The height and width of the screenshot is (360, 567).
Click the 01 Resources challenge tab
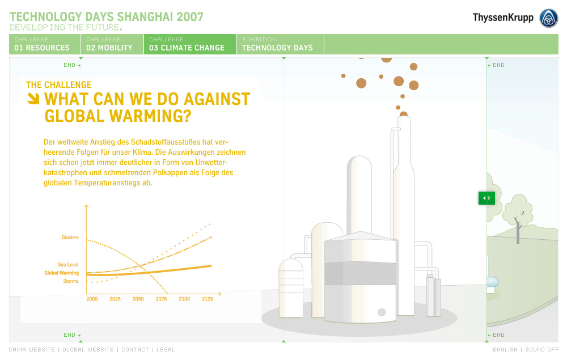[x=45, y=44]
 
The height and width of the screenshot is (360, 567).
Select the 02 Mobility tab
[x=112, y=44]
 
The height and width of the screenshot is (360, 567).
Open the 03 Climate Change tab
[x=190, y=44]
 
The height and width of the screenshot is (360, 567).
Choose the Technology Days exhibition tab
[x=280, y=44]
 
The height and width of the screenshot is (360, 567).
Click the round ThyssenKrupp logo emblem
[x=548, y=18]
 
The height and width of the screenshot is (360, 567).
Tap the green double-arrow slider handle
[x=486, y=198]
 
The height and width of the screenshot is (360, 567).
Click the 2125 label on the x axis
[x=208, y=299]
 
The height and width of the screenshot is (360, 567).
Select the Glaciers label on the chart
[x=70, y=238]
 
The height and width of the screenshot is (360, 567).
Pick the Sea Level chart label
[x=68, y=265]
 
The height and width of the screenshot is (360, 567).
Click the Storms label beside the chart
[x=71, y=281]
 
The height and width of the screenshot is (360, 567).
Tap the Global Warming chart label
[x=61, y=273]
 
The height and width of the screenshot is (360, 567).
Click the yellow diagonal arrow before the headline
[x=33, y=98]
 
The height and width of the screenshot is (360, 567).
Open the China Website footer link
[x=32, y=350]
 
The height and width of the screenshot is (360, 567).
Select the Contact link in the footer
[x=136, y=350]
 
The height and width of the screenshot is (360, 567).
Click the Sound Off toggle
[x=541, y=350]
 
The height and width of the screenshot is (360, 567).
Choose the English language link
[x=505, y=350]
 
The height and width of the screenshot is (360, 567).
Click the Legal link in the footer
[x=166, y=350]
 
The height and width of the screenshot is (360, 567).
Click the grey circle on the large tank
[x=382, y=312]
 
